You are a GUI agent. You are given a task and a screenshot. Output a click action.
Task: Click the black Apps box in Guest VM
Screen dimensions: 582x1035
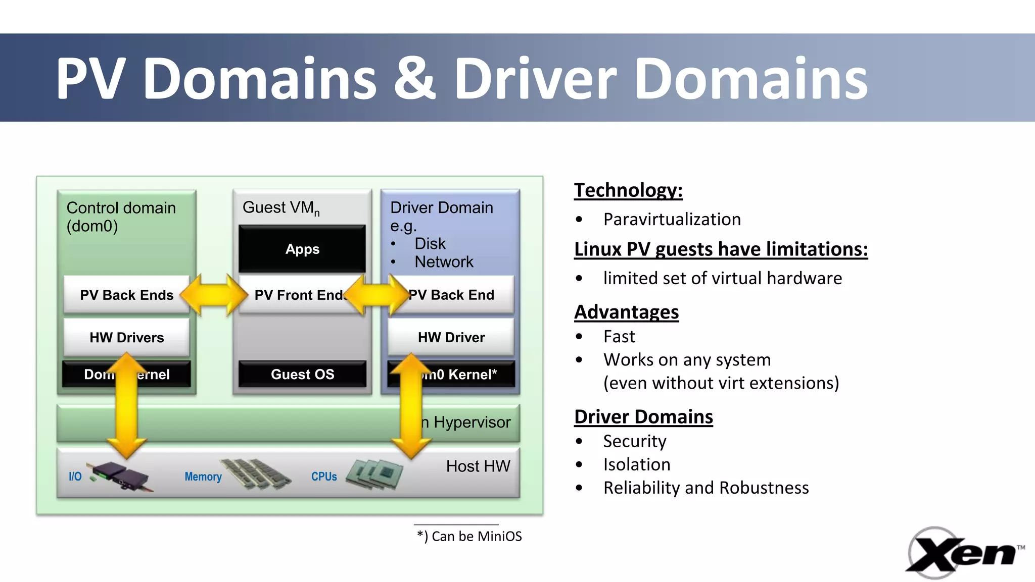click(302, 249)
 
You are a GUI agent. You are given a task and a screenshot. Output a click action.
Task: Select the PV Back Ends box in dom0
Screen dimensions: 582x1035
click(126, 295)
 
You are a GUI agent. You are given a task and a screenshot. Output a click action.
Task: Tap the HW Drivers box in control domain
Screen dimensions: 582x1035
click(126, 337)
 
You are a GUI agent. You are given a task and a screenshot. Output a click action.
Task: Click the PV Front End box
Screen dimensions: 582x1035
click(298, 295)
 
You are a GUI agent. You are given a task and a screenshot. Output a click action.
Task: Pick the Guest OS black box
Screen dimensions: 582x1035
click(302, 374)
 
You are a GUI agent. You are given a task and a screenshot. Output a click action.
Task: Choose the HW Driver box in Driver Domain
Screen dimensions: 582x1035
click(451, 337)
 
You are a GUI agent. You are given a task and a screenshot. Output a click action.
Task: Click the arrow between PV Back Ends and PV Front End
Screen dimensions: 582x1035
click(214, 295)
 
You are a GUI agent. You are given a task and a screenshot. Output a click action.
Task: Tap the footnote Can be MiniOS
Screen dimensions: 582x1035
click(469, 536)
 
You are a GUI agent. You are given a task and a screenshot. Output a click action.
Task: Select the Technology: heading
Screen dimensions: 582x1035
click(628, 190)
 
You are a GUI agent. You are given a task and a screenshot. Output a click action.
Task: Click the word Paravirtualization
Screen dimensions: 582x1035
click(672, 220)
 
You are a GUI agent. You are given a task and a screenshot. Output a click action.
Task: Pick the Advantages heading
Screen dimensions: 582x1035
click(626, 312)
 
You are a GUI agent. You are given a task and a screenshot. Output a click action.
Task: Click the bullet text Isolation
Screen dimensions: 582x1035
click(636, 464)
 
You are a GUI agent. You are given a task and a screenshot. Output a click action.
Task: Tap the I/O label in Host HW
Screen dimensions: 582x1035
click(75, 477)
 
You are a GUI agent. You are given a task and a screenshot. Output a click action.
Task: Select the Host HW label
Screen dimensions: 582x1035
click(478, 466)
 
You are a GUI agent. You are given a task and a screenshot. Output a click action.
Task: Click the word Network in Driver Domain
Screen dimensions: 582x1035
click(444, 262)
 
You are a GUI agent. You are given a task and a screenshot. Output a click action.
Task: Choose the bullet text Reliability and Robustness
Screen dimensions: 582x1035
click(705, 488)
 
